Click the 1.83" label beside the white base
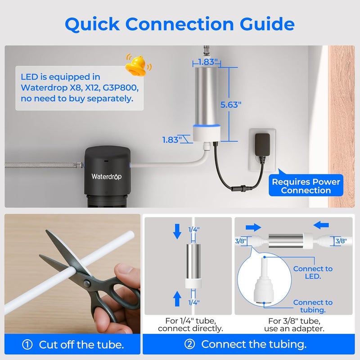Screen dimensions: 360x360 pyautogui.click(x=171, y=139)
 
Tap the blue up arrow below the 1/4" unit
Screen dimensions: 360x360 pyautogui.click(x=177, y=298)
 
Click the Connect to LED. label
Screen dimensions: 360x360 pyautogui.click(x=313, y=272)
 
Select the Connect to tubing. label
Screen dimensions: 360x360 pyautogui.click(x=313, y=306)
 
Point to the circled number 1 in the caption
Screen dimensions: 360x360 pyautogui.click(x=27, y=345)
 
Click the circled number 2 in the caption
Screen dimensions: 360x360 pyautogui.click(x=189, y=345)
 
